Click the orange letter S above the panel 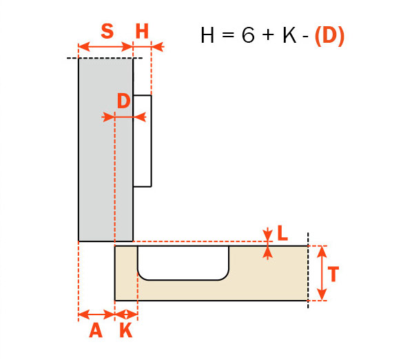pyautogui.click(x=107, y=31)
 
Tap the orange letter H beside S pyautogui.click(x=142, y=31)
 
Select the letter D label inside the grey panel pyautogui.click(x=123, y=101)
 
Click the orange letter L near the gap pyautogui.click(x=282, y=233)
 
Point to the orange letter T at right pyautogui.click(x=333, y=274)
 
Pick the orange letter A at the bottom pyautogui.click(x=96, y=330)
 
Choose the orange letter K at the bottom pyautogui.click(x=126, y=330)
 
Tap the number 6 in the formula pyautogui.click(x=248, y=34)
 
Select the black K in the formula pyautogui.click(x=289, y=34)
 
